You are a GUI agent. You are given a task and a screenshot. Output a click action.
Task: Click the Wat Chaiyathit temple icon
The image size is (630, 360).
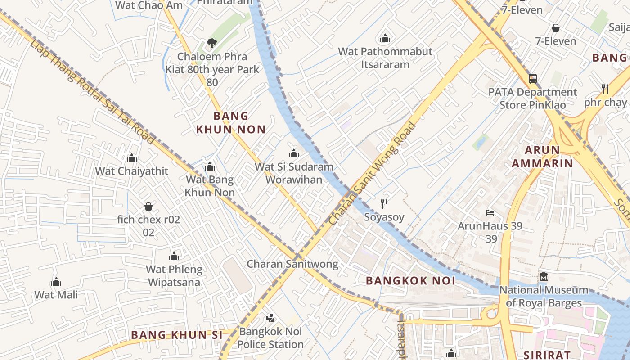tap(132, 158)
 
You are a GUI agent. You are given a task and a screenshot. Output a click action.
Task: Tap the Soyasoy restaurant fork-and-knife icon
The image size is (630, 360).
tap(384, 204)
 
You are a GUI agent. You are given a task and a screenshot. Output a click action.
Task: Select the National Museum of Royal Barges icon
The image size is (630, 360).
tap(543, 276)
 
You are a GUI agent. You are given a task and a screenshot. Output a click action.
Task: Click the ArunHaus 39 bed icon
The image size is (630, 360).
tap(490, 212)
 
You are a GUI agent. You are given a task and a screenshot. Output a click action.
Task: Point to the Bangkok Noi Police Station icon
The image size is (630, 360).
tap(270, 319)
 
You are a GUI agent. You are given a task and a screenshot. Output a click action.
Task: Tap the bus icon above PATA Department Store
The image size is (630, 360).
tap(533, 79)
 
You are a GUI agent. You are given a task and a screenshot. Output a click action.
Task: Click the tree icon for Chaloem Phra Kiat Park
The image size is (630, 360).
tap(211, 43)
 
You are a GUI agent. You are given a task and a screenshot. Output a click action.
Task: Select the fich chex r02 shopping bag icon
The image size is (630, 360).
tap(148, 207)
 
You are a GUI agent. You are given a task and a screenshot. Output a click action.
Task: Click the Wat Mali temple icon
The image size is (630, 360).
tap(56, 282)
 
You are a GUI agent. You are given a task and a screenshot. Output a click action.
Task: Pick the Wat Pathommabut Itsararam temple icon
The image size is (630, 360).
tap(385, 38)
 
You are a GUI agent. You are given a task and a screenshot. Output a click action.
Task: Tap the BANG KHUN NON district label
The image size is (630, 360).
tap(231, 123)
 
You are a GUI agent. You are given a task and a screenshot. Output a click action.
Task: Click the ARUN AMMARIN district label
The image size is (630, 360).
tap(542, 157)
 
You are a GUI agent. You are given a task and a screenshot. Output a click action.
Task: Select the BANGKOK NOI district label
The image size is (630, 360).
tap(410, 281)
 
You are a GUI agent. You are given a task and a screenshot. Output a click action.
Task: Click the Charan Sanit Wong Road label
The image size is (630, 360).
tap(373, 173)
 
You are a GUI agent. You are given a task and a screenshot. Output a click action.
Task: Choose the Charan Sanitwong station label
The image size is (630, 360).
tap(292, 264)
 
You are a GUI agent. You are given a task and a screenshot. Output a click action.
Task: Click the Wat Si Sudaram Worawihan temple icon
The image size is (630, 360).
tap(294, 153)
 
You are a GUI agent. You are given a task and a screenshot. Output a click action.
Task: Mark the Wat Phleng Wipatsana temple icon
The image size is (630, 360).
tap(174, 256)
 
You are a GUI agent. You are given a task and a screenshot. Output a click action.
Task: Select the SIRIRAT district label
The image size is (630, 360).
tap(547, 355)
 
